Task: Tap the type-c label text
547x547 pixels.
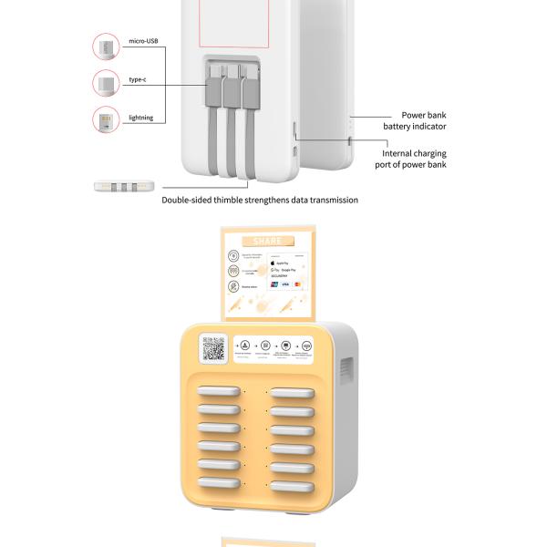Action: click(138, 80)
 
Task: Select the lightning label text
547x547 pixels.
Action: click(141, 118)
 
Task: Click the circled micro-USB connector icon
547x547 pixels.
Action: click(106, 46)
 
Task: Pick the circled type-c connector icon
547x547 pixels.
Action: click(106, 84)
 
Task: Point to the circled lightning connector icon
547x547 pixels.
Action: click(106, 119)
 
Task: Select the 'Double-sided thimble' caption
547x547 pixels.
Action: click(260, 200)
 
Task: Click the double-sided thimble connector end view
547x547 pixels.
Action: click(119, 186)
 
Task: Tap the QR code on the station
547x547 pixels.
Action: click(213, 349)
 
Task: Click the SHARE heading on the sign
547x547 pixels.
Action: click(268, 241)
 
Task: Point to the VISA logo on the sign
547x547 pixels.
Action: click(284, 284)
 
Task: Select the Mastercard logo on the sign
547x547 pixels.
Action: click(297, 284)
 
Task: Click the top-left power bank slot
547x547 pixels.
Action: click(219, 394)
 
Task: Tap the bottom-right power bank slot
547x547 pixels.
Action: click(292, 482)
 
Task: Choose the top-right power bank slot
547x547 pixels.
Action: click(292, 394)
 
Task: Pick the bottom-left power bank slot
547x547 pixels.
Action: click(219, 482)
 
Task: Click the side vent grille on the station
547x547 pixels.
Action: click(346, 370)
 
